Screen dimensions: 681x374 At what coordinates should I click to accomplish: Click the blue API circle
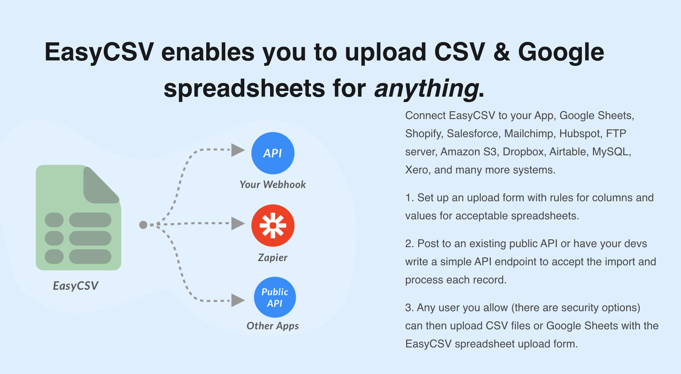click(273, 153)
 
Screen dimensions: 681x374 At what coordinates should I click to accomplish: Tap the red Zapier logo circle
click(273, 226)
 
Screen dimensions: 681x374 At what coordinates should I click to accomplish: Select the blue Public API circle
click(275, 297)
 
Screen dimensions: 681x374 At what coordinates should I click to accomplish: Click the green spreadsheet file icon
click(78, 218)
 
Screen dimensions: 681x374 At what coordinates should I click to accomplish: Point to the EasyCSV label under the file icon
click(76, 286)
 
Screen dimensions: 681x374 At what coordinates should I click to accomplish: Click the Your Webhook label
click(272, 185)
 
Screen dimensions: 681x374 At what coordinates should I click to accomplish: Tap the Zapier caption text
click(272, 258)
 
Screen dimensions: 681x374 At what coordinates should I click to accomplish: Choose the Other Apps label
click(272, 326)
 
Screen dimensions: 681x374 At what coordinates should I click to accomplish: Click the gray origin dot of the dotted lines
click(143, 225)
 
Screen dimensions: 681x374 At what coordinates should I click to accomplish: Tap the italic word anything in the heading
click(427, 88)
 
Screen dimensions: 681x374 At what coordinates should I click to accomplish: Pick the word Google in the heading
click(561, 53)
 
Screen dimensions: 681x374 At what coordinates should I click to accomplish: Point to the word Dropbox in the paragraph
click(524, 152)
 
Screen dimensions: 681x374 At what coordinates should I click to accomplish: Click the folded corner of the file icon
click(101, 185)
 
